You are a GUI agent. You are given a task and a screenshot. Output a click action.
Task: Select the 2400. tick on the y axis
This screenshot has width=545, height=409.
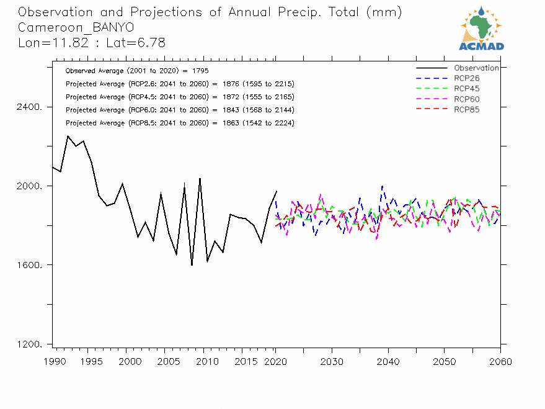click(x=30, y=107)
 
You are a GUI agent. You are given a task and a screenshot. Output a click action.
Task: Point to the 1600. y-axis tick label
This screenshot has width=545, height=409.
click(x=30, y=265)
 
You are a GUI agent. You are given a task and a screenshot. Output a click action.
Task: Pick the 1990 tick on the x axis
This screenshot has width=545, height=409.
click(x=53, y=361)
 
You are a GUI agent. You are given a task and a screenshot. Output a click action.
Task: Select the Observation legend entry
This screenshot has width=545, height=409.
click(x=476, y=68)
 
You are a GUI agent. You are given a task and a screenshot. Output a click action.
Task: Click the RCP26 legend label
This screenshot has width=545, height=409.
click(x=466, y=78)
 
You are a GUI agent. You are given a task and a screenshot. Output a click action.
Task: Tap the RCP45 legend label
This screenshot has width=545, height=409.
click(x=466, y=89)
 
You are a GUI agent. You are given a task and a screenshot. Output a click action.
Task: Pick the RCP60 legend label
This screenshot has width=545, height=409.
click(x=466, y=99)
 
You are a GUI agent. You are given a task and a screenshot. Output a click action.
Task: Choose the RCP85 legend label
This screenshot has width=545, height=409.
click(x=466, y=110)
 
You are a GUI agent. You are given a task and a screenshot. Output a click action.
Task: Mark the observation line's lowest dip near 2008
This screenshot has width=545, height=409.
click(x=192, y=265)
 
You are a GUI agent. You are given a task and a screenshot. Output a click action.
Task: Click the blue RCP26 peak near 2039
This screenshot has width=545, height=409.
click(x=382, y=186)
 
